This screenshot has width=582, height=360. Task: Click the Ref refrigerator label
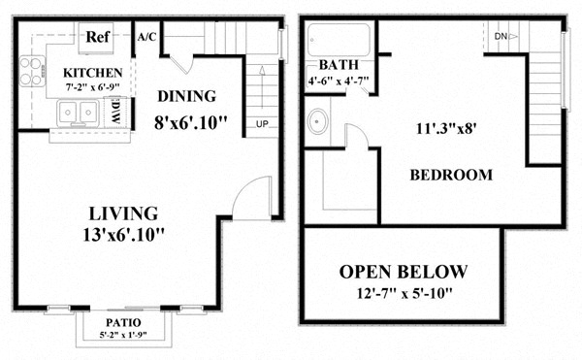click(x=96, y=37)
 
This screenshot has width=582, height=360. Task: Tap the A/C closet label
click(x=147, y=37)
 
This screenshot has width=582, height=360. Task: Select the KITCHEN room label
click(x=92, y=73)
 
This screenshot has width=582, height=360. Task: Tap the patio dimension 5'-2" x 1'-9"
click(x=123, y=335)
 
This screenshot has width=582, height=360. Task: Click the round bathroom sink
click(x=316, y=123)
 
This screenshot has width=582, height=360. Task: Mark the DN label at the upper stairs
click(x=501, y=37)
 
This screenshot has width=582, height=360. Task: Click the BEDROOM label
click(x=450, y=176)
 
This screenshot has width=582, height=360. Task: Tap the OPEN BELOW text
click(x=403, y=271)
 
